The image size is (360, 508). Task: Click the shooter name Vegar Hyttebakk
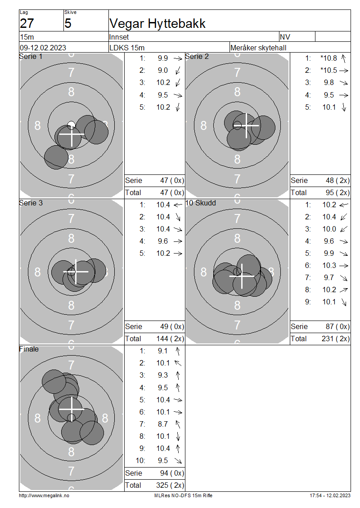pyautogui.click(x=157, y=24)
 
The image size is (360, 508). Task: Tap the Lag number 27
pyautogui.click(x=27, y=24)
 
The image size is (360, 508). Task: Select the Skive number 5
pyautogui.click(x=67, y=24)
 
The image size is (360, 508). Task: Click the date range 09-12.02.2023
pyautogui.click(x=43, y=48)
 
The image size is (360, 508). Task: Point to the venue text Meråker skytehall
pyautogui.click(x=258, y=48)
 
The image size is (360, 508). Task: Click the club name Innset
pyautogui.click(x=119, y=37)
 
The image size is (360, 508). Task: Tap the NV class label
pyautogui.click(x=285, y=37)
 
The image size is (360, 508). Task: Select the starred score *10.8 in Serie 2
pyautogui.click(x=328, y=58)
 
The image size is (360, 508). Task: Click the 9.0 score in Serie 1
pyautogui.click(x=163, y=70)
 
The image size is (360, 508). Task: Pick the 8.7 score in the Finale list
pyautogui.click(x=163, y=424)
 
